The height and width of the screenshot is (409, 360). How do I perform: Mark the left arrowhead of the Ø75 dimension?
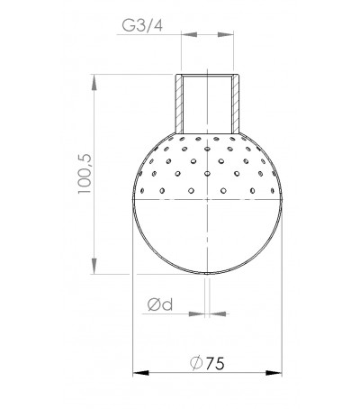(139, 370)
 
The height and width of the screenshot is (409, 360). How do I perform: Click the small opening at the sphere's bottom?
(209, 273)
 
